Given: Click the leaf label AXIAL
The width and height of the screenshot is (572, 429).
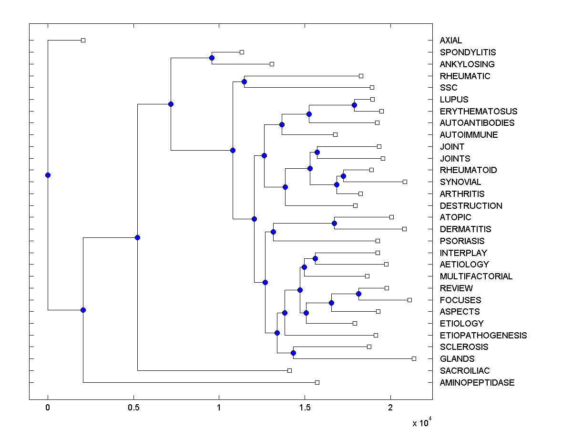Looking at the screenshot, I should point(450,41).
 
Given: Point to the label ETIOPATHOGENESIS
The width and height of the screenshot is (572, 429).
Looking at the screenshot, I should point(483,335).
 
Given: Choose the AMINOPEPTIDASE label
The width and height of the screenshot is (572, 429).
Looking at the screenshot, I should point(477,382).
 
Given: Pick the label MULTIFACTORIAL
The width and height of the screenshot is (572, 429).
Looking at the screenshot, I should point(476,276).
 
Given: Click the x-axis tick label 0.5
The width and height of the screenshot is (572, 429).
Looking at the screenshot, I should point(133,408).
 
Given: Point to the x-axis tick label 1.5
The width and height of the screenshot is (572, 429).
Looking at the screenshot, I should point(305,408).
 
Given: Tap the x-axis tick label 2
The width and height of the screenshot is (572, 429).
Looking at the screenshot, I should point(390,408).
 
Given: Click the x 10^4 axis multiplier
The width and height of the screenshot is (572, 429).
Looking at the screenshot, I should point(422,422).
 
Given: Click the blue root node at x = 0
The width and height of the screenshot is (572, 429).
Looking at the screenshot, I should point(48,175).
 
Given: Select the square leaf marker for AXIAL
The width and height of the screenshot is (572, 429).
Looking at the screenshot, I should point(83,40).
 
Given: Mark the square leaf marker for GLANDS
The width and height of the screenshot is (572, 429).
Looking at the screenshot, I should point(414,358).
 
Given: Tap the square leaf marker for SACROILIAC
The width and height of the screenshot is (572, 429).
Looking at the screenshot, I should point(289,370).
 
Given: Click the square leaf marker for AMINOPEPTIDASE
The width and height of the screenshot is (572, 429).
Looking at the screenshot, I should point(317,382).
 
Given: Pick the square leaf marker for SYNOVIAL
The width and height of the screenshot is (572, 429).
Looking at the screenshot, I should point(405,182).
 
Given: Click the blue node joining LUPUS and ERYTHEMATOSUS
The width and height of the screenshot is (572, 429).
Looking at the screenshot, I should point(354,105).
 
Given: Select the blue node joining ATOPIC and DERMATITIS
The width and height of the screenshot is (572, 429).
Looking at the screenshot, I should point(334,223).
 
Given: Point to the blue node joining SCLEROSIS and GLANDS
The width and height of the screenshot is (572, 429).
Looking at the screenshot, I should point(293,353).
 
